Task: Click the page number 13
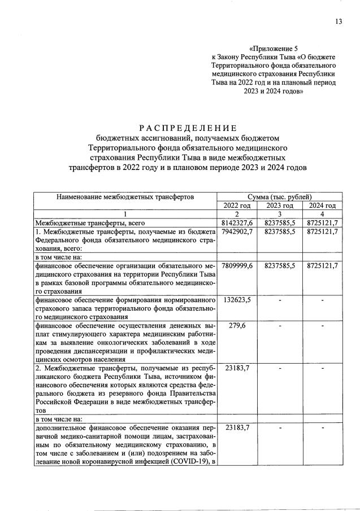pyautogui.click(x=338, y=21)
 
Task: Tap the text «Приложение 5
pyautogui.click(x=272, y=49)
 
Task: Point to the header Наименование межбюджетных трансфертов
pyautogui.click(x=125, y=196)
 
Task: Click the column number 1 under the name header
pyautogui.click(x=125, y=215)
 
